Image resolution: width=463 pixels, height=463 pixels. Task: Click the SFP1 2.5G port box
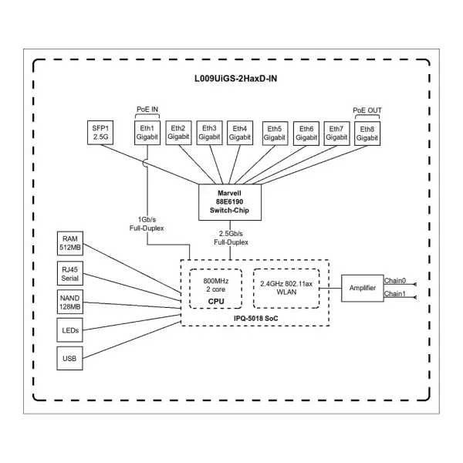[100, 133]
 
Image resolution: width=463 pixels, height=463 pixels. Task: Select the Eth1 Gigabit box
[147, 133]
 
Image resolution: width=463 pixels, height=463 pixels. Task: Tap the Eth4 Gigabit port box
[240, 133]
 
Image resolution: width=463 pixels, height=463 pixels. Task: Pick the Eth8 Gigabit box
[367, 133]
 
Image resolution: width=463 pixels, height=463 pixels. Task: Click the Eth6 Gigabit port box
[306, 133]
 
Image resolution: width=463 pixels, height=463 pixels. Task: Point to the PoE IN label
[147, 110]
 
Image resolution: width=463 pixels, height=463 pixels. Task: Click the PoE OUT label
[367, 110]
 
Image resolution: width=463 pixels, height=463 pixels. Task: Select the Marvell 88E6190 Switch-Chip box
[230, 202]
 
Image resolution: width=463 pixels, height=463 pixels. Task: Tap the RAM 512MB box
[70, 243]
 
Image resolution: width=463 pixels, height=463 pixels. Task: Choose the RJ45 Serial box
[70, 273]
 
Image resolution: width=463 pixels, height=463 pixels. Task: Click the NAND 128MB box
[70, 302]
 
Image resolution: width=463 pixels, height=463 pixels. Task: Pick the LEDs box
[70, 330]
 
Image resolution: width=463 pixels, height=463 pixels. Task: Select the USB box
[70, 359]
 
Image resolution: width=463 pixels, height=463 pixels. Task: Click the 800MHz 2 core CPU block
[216, 289]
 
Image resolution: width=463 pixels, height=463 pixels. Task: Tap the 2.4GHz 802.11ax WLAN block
[286, 289]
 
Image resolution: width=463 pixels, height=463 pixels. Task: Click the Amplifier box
[363, 288]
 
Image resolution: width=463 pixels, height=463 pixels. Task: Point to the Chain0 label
[395, 281]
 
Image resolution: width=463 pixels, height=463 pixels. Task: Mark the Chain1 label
[395, 293]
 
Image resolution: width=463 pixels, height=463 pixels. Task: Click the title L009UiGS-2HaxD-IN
[235, 79]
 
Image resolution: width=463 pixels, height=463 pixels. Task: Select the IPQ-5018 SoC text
[256, 318]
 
